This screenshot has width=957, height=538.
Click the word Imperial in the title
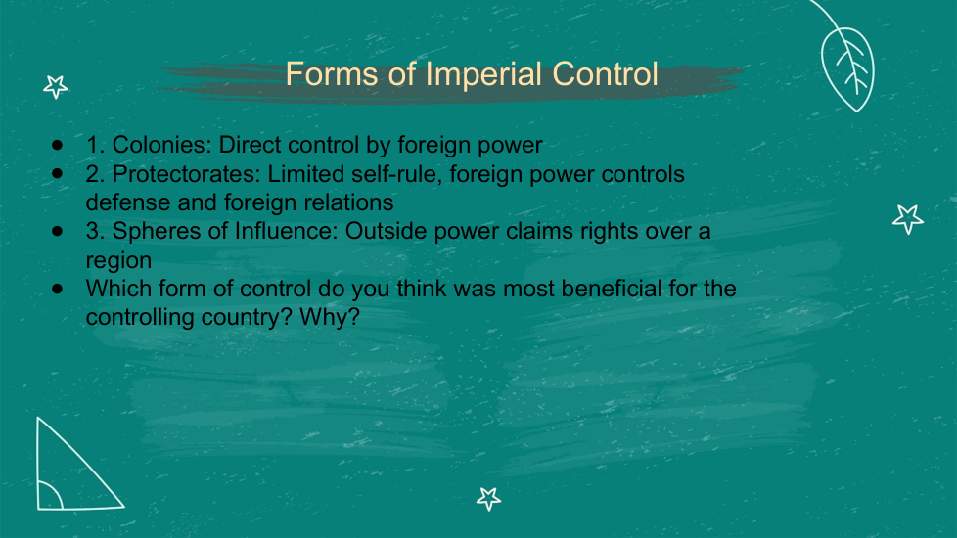483,75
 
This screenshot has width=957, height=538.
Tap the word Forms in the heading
332,73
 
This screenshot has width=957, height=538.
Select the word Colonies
161,145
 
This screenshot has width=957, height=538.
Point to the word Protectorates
186,174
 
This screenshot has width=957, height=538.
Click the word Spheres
155,231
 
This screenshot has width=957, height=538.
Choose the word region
118,260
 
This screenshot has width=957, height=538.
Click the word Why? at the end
330,317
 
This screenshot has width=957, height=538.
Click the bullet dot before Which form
58,289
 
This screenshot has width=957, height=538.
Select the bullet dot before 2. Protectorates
58,174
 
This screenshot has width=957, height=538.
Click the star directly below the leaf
907,219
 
